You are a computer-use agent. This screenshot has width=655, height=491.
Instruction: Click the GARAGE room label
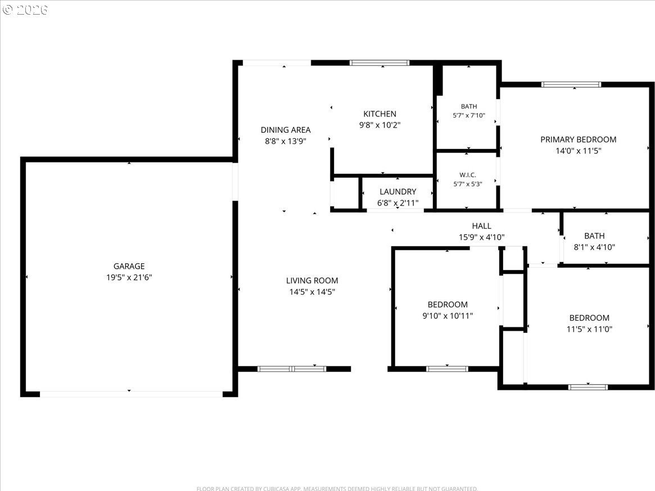[x=129, y=266]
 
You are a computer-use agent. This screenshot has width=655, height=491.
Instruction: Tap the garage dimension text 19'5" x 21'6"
[x=129, y=277]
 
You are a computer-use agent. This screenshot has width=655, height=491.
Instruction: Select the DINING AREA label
[x=286, y=130]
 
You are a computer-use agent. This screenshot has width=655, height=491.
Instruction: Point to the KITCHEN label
[x=380, y=114]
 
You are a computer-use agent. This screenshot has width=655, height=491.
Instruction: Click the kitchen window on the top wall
[x=380, y=63]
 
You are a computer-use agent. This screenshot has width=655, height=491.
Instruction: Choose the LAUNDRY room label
[x=397, y=192]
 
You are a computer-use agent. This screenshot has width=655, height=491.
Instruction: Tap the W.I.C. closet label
[x=468, y=175]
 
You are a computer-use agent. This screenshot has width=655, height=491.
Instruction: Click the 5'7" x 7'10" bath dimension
[x=469, y=115]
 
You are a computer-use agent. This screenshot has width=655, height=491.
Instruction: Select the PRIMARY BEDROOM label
[x=579, y=139]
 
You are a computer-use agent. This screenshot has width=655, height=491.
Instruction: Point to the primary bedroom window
[x=571, y=85]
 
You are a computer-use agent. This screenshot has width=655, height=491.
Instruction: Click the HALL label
[x=482, y=226]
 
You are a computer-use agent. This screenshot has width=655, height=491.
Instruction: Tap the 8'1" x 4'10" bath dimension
[x=594, y=247]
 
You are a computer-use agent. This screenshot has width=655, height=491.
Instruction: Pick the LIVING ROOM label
[x=312, y=281]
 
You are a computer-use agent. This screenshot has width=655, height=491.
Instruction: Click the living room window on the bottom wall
[x=292, y=369]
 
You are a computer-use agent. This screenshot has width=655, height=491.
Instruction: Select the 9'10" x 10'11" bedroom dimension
[x=448, y=316]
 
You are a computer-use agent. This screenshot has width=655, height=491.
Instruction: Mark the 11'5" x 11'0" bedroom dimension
[x=589, y=329]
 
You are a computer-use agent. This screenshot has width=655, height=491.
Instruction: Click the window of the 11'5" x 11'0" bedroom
[x=588, y=388]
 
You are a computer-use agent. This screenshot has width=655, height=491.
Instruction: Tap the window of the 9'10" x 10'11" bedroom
[x=447, y=369]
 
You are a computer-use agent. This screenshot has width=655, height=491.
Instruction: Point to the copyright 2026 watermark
[x=25, y=10]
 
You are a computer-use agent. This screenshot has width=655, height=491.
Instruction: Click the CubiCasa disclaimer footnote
[x=337, y=489]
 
